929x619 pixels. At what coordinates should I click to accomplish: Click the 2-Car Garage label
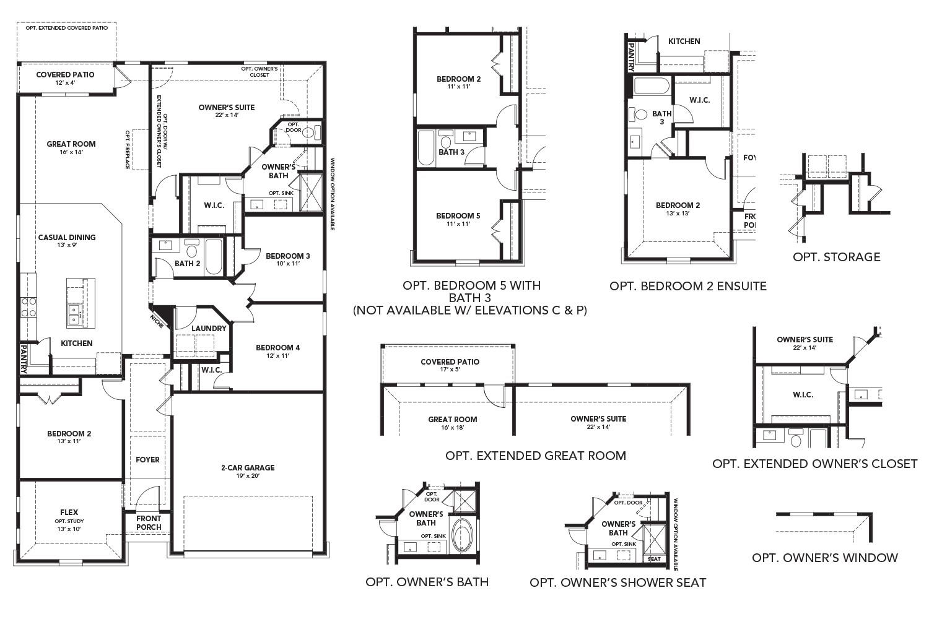(x=248, y=468)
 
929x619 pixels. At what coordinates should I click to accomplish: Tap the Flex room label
(x=69, y=513)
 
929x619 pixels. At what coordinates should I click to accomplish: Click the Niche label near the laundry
(x=157, y=321)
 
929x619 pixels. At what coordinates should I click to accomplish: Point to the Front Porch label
(x=149, y=523)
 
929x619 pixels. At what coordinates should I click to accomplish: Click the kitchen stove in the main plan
(x=29, y=307)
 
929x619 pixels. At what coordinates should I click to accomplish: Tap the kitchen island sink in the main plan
(x=74, y=314)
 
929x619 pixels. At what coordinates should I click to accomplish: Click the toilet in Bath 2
(x=191, y=250)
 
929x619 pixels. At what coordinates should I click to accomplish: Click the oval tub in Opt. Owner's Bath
(x=461, y=535)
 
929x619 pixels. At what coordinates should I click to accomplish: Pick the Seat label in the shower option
(x=654, y=559)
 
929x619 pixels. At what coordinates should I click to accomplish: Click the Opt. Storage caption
(x=836, y=257)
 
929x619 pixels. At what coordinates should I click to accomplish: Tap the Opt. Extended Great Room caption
(x=536, y=456)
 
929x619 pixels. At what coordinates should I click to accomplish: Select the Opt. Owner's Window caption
(x=824, y=558)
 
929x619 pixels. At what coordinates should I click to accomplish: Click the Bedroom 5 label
(x=458, y=215)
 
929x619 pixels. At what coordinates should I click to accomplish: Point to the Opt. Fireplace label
(x=128, y=149)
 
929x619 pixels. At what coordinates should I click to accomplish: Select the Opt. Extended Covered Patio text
(x=66, y=28)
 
